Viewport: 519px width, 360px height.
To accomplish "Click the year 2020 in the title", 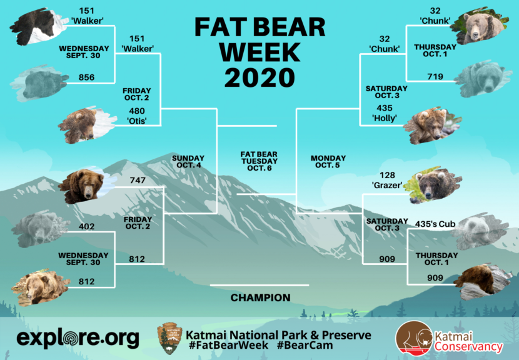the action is tap(259, 77).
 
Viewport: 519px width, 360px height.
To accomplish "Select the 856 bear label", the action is tap(86, 77).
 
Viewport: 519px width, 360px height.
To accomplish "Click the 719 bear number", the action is tap(435, 77).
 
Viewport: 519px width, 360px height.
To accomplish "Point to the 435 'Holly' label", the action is tap(385, 113).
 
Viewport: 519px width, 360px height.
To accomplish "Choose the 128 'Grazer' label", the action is tap(387, 181).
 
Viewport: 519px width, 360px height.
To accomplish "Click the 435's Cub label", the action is tap(435, 224).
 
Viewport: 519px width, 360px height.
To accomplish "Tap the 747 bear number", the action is tap(138, 181).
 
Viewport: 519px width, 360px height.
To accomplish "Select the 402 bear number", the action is tap(86, 227).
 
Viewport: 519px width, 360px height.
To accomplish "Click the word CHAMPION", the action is tap(261, 297).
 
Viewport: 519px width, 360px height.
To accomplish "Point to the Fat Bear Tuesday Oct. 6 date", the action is tap(259, 161).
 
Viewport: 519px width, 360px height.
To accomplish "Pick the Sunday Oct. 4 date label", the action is tap(188, 162).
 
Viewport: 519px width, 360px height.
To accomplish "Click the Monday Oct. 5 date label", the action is tap(328, 162).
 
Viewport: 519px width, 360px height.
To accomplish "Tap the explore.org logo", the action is tap(78, 338).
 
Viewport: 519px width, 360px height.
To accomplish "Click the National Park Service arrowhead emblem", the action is tap(170, 339).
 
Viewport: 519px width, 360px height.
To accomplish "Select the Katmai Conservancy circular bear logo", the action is tap(414, 338).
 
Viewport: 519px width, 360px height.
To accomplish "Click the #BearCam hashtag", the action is tap(305, 346).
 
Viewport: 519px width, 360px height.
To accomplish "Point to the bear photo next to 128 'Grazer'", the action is tap(433, 184).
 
